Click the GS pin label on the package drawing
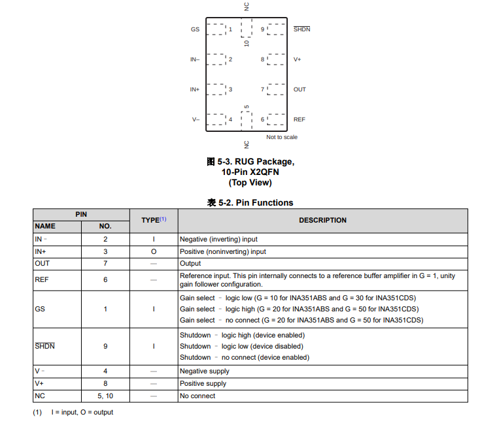point(195,29)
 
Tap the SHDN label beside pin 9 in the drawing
point(301,29)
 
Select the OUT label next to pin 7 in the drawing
point(300,89)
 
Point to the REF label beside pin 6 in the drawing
point(299,119)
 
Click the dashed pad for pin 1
point(216,29)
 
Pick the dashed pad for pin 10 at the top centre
point(247,27)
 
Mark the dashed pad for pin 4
point(216,119)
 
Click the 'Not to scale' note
point(282,137)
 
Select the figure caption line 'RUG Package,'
point(250,161)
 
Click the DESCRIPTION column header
point(322,220)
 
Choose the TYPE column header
point(154,220)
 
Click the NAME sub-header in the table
point(45,226)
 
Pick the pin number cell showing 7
point(105,263)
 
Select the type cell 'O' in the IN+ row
point(154,251)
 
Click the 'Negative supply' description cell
point(205,371)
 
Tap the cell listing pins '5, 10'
point(105,396)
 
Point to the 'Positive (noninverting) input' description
point(223,251)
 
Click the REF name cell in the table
point(41,279)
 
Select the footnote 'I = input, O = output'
point(82,412)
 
